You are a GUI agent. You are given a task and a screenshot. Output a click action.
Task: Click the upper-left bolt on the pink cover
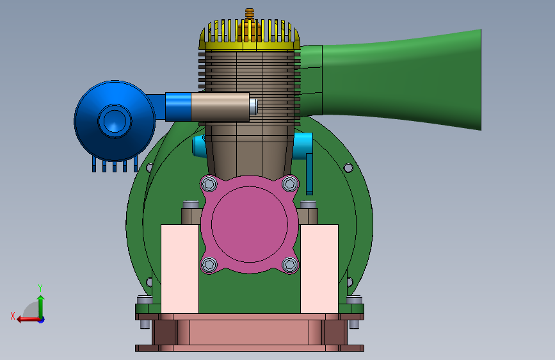click(x=209, y=184)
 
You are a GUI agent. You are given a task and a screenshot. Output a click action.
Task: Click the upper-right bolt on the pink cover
click(x=290, y=184)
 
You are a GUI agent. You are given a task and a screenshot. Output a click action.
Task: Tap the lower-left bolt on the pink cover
click(x=209, y=265)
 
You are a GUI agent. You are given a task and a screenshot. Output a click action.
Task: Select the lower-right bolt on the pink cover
click(x=290, y=265)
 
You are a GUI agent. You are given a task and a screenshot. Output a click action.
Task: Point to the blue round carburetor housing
click(x=115, y=121)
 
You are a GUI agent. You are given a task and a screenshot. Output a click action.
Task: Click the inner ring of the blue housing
click(x=115, y=121)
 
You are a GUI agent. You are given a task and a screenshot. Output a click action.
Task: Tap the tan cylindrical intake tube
click(x=220, y=106)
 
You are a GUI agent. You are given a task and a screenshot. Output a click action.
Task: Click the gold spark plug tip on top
click(x=250, y=13)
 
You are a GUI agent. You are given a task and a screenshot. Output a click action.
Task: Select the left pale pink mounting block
click(x=180, y=269)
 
